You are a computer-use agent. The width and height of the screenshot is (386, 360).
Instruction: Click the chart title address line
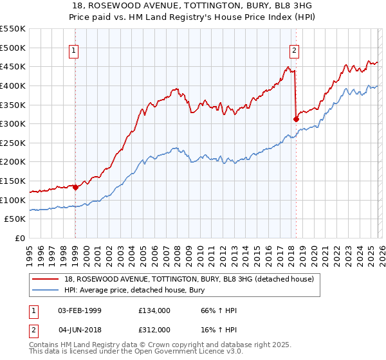pyautogui.click(x=192, y=6)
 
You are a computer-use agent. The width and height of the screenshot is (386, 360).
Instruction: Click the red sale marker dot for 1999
pyautogui.click(x=75, y=188)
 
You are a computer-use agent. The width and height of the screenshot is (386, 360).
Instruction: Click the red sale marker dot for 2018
pyautogui.click(x=296, y=119)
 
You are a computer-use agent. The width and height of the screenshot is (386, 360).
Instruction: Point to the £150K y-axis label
pyautogui.click(x=13, y=181)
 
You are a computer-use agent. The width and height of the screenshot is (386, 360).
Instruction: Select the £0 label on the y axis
pyautogui.click(x=21, y=239)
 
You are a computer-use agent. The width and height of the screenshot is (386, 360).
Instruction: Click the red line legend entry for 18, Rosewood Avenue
pyautogui.click(x=188, y=279)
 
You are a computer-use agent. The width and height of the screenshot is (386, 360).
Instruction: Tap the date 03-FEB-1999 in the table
pyautogui.click(x=80, y=310)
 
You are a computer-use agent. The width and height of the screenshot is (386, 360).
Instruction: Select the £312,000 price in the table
pyautogui.click(x=154, y=329)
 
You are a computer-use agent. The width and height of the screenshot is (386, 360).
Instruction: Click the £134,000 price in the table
pyautogui.click(x=154, y=310)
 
